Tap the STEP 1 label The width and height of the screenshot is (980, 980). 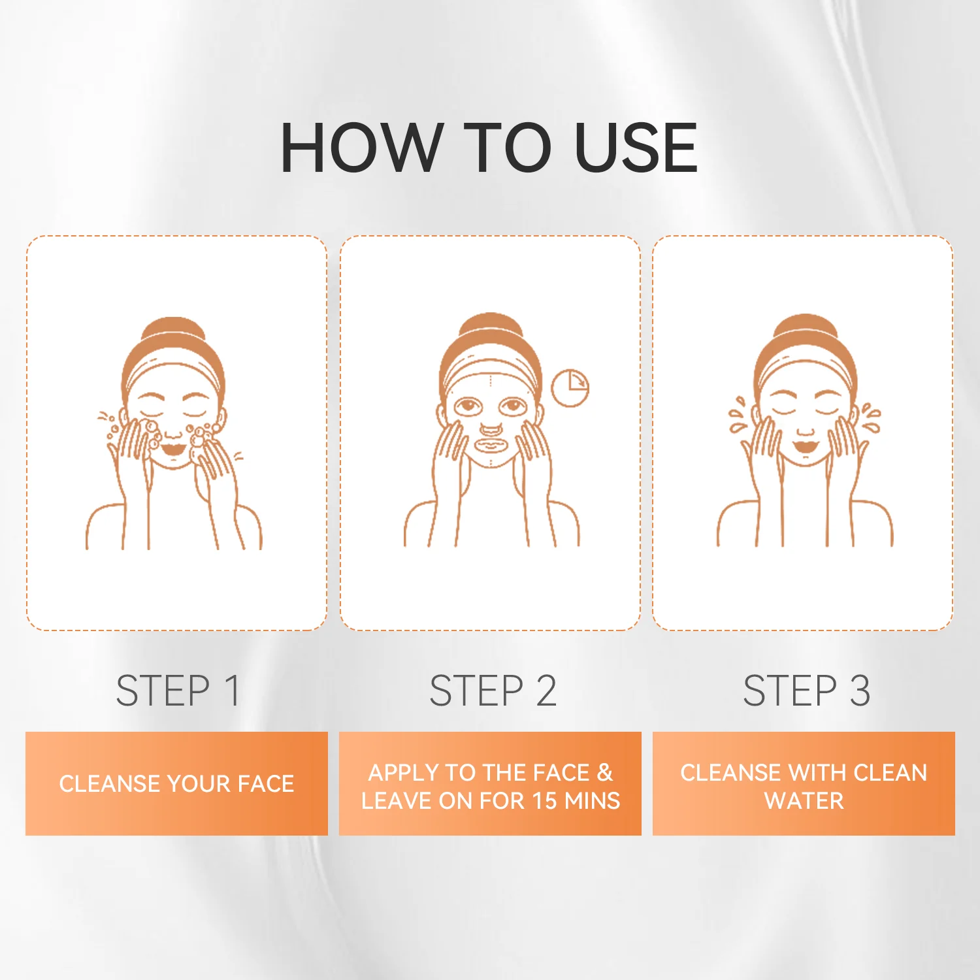coord(178,691)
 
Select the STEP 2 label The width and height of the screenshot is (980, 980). coord(493,691)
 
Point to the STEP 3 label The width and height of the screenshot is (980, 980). coord(806,691)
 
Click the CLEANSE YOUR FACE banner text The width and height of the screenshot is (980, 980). coord(176,783)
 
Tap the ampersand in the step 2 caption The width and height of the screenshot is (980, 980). coord(604,772)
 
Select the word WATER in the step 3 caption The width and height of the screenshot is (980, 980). coord(804,800)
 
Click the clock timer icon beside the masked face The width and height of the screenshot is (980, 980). coord(570,388)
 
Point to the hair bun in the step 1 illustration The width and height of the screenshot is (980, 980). coord(172,331)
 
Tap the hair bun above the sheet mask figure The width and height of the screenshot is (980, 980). coord(490,327)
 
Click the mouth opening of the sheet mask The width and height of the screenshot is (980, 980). coord(490,445)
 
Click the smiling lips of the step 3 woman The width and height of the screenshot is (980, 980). coord(806,448)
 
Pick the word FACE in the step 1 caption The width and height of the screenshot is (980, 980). coord(265,783)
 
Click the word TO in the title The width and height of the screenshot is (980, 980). coord(509,148)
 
